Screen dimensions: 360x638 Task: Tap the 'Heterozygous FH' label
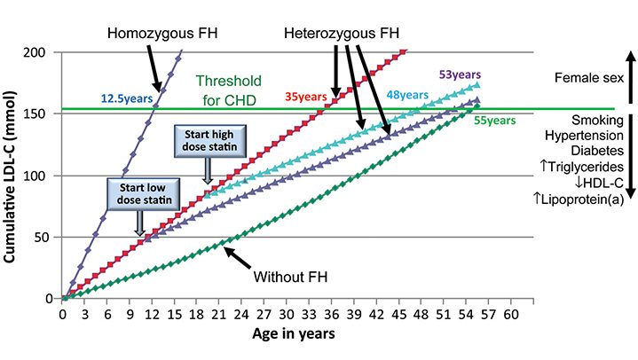pos(343,34)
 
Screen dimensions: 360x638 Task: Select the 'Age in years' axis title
pos(292,334)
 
